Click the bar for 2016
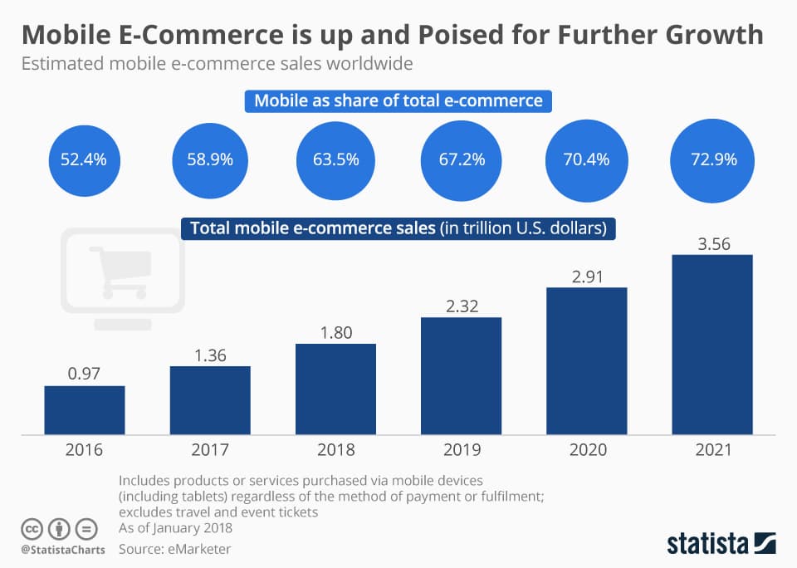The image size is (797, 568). tap(85, 409)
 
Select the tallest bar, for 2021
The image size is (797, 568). tap(712, 344)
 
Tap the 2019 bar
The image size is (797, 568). tap(462, 375)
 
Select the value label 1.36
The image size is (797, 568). tap(210, 354)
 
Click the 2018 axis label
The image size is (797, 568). tap(335, 450)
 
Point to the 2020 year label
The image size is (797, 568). tap(587, 450)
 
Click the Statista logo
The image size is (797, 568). tap(721, 543)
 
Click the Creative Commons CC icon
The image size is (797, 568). tap(32, 528)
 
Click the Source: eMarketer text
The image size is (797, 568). tap(174, 549)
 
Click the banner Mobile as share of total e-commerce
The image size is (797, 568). tap(398, 101)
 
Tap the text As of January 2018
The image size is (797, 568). tap(175, 528)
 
